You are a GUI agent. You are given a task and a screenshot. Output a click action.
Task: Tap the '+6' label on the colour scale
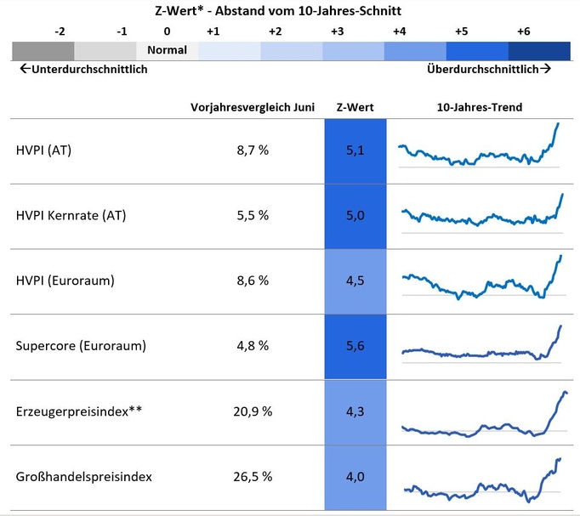pos(523,31)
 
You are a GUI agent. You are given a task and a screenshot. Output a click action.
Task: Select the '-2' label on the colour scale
pos(60,31)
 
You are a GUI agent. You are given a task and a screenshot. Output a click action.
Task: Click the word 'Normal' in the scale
pos(167,50)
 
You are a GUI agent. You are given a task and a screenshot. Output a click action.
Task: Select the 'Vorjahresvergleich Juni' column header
pos(253,107)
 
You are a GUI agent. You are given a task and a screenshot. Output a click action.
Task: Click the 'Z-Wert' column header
pos(355,107)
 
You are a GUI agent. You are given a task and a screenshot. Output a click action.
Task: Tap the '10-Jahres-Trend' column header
pos(479,107)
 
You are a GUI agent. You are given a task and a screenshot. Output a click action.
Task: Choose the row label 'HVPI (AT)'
pos(43,150)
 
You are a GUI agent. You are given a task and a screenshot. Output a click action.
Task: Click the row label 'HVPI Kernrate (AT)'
pos(71,215)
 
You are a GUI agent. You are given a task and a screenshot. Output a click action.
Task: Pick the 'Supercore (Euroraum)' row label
pos(81,346)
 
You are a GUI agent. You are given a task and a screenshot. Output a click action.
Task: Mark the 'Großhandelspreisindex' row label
pos(83,477)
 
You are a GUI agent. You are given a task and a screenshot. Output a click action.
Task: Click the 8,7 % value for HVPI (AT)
pos(253,150)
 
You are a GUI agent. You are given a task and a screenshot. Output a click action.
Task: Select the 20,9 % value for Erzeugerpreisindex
pos(253,411)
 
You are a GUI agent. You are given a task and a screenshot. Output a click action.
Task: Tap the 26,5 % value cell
pos(253,477)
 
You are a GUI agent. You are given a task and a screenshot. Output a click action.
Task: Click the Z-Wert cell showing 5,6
pos(355,346)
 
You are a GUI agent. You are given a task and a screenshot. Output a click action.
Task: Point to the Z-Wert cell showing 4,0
pos(355,477)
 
